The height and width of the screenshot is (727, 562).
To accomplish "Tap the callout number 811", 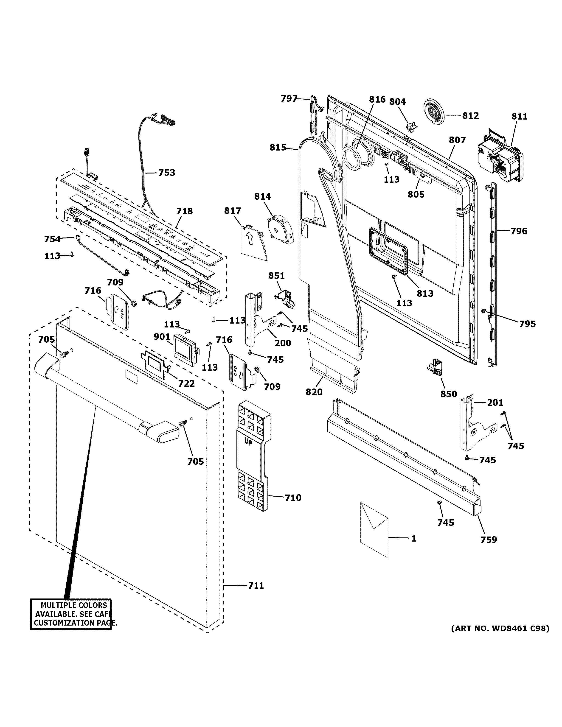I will tap(519, 117).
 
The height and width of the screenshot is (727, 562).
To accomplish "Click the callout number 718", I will tap(184, 211).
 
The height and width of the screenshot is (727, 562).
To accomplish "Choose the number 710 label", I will tap(293, 507).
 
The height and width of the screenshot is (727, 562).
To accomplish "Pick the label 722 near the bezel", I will tap(186, 383).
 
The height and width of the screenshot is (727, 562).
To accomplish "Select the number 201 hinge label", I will tap(495, 403).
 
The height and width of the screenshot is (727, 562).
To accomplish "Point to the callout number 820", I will tap(314, 392).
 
